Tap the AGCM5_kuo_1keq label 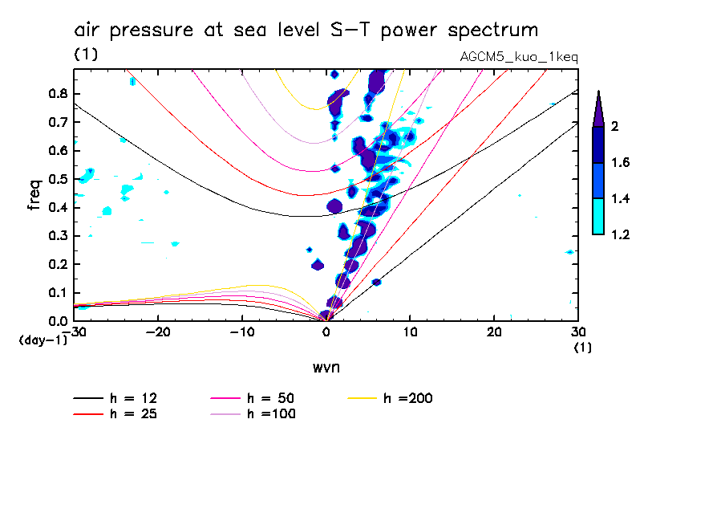tap(519, 57)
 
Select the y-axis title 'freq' tap(34, 194)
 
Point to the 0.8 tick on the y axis tap(58, 93)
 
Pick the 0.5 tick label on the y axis tap(58, 179)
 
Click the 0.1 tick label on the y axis tap(58, 293)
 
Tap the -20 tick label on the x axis tap(158, 332)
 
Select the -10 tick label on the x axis tap(242, 332)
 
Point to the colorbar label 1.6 tap(620, 162)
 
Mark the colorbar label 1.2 tap(620, 234)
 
